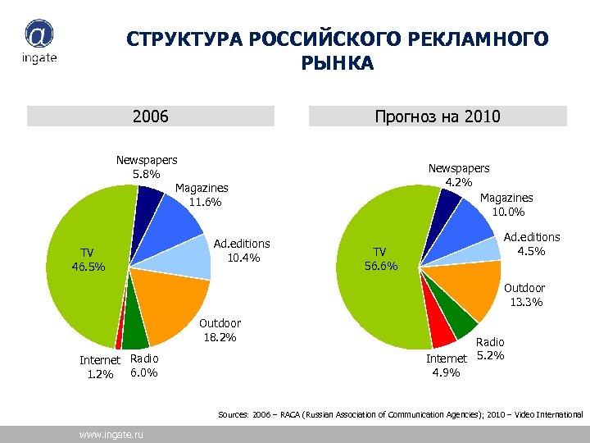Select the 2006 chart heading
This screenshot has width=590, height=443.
(x=150, y=116)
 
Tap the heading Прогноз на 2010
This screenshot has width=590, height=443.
(x=437, y=116)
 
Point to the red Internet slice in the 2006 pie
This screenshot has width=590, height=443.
(x=119, y=343)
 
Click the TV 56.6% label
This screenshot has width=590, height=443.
(x=380, y=258)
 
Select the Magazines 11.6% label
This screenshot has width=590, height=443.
(x=202, y=195)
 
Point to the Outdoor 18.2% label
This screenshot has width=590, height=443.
(x=220, y=331)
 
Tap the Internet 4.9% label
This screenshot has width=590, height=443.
(x=447, y=366)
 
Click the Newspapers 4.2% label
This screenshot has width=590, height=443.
(x=459, y=175)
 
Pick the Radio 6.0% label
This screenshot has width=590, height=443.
(x=144, y=366)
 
